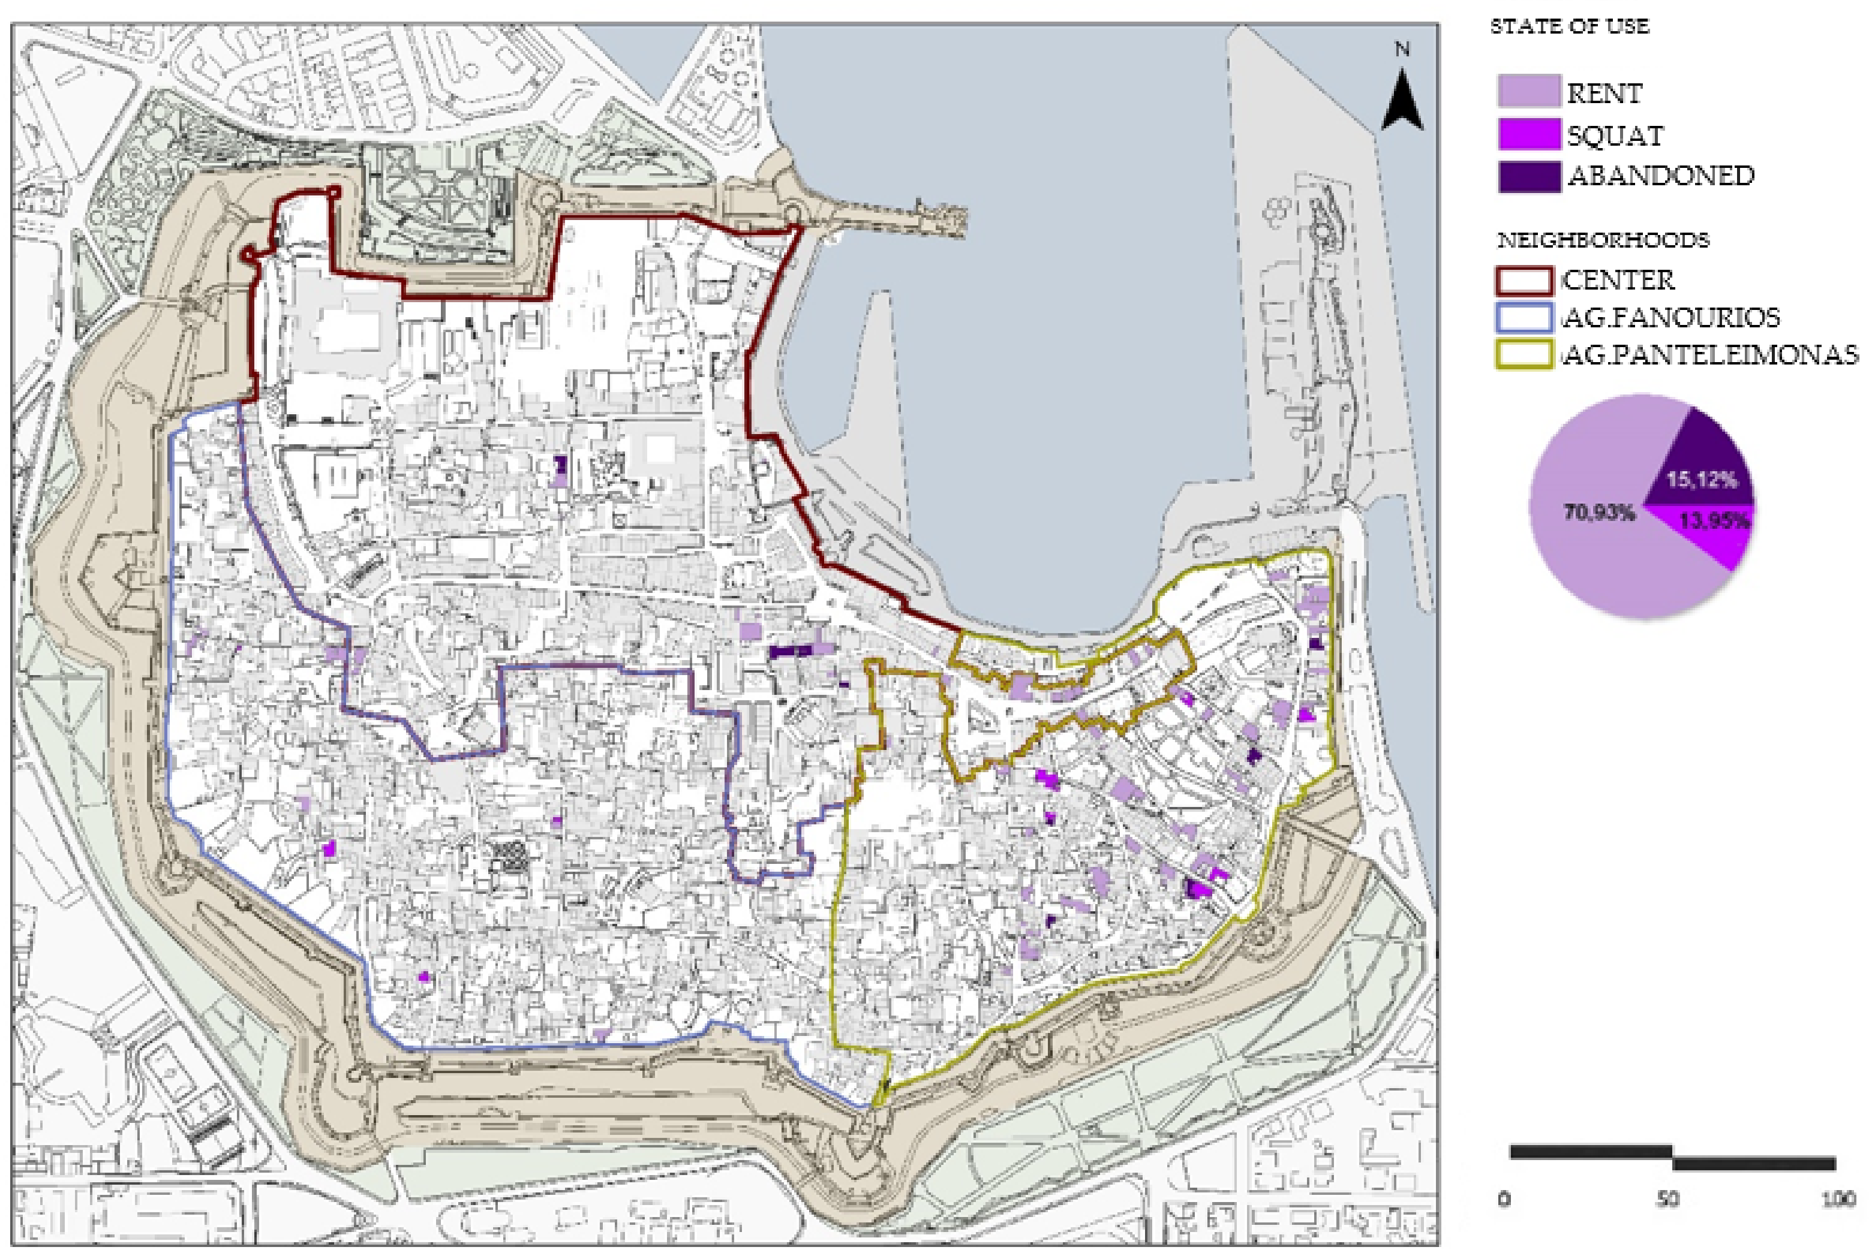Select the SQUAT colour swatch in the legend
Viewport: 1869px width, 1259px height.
(1528, 134)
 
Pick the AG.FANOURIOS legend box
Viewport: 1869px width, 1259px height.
(1523, 318)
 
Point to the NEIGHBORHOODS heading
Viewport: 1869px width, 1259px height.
(1602, 240)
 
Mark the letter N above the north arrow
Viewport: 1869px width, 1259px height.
(1402, 50)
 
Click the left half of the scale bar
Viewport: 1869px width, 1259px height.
(1590, 1152)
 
